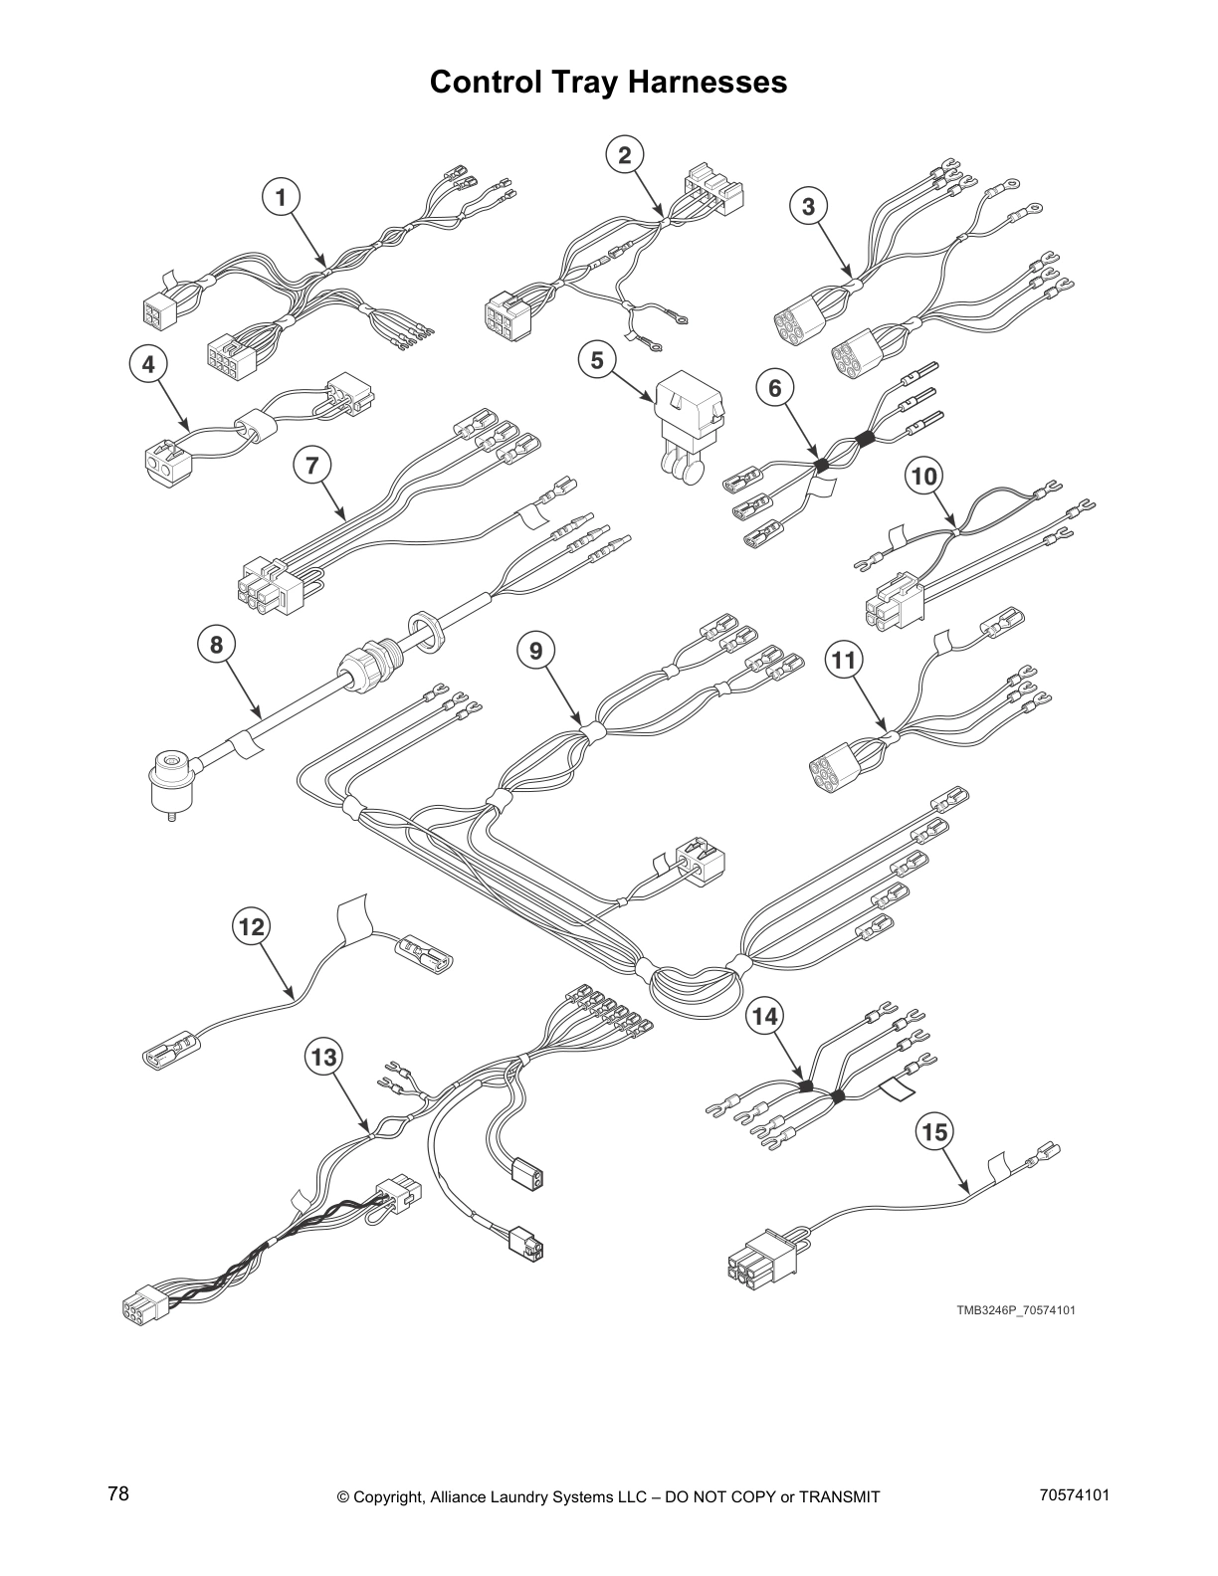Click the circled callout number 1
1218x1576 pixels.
[x=281, y=198]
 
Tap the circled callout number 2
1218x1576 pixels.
[x=624, y=155]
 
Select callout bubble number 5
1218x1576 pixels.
[x=597, y=360]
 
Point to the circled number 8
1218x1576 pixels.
[x=216, y=646]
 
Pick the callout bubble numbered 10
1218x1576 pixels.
[x=924, y=477]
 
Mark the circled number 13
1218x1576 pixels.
[x=324, y=1057]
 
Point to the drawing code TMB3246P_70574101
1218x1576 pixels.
[x=1015, y=1310]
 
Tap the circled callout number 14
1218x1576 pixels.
[x=765, y=1016]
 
